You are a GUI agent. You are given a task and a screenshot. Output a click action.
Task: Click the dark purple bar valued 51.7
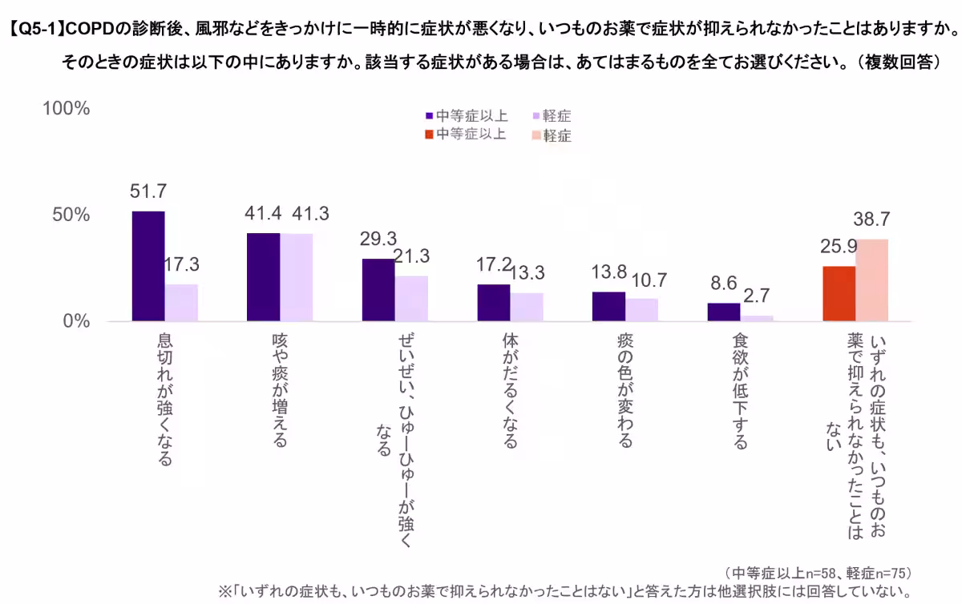point(148,266)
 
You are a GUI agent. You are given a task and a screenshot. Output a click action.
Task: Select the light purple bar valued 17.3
point(181,303)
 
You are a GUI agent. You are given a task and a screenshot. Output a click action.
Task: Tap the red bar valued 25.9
point(839,294)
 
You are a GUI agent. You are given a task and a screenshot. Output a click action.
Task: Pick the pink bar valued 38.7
point(871,280)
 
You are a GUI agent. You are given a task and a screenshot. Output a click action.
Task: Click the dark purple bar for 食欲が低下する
point(723,312)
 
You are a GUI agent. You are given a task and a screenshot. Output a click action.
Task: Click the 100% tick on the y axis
point(66,109)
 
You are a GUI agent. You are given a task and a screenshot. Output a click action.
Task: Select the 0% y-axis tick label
point(77,321)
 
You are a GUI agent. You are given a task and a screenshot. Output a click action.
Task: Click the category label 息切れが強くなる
point(164,401)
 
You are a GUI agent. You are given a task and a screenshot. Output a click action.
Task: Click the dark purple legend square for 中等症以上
point(429,116)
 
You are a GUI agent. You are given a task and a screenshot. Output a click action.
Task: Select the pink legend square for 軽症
point(536,135)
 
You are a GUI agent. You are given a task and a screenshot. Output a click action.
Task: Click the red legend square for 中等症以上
point(429,135)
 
